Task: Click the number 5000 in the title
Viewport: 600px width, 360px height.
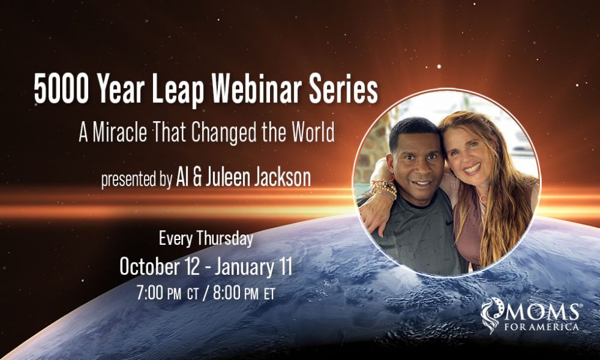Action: (x=61, y=88)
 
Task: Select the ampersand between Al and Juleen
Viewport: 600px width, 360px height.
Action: (x=197, y=179)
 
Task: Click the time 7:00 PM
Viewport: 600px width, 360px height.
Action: (x=159, y=293)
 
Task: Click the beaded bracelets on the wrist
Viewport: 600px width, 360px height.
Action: (x=385, y=189)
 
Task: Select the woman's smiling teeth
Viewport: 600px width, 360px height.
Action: (x=472, y=168)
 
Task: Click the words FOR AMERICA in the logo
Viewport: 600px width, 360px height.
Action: (x=541, y=327)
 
